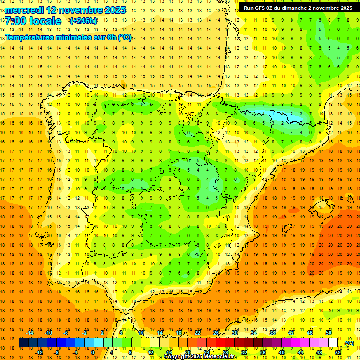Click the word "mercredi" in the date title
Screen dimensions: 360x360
(23, 10)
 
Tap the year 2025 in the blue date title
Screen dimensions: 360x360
(113, 10)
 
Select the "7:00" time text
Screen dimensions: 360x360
(16, 21)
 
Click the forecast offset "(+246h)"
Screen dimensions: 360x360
(83, 21)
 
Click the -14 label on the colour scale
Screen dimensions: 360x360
(30, 333)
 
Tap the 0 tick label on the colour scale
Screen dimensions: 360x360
(92, 352)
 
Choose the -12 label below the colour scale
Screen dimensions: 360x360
(39, 352)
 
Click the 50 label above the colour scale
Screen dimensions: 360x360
(329, 333)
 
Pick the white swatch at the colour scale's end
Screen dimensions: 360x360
(333, 343)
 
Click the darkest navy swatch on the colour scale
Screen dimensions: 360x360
(23, 343)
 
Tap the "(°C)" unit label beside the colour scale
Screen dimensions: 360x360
(349, 343)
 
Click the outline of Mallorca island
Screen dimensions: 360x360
(323, 204)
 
